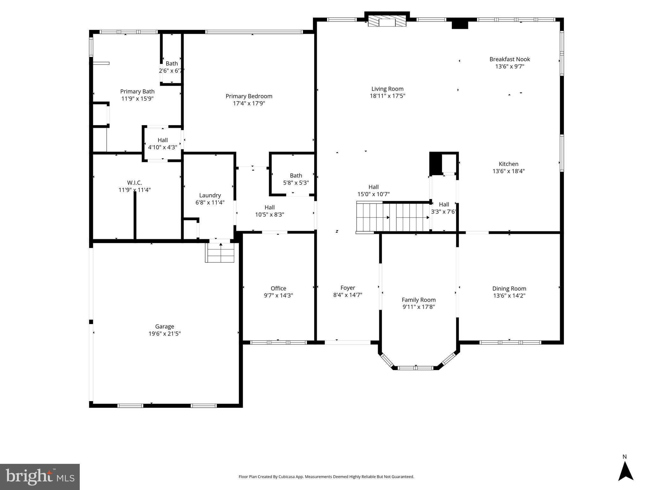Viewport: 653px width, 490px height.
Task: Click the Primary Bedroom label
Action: pos(249,96)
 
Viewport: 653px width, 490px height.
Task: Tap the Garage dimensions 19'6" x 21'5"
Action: pos(165,334)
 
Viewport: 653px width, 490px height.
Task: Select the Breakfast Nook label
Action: pos(509,59)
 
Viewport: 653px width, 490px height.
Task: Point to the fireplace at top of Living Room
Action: pos(387,22)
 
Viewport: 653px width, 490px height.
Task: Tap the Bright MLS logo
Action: pos(40,477)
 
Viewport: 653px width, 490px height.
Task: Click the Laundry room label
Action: pos(210,195)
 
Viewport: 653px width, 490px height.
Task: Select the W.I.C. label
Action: pos(134,182)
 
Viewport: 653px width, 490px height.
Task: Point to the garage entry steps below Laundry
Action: pos(220,252)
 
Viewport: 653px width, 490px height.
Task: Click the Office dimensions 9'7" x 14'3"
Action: pos(278,295)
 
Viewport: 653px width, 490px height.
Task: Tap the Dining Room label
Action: pos(509,288)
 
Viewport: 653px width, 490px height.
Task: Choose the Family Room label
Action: pos(419,300)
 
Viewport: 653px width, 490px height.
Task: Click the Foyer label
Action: pos(347,288)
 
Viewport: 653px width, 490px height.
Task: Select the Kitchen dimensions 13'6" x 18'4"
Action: pos(508,171)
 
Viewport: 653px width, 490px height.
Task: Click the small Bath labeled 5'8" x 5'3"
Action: pos(296,179)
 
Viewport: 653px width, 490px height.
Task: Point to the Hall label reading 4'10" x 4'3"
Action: pos(162,144)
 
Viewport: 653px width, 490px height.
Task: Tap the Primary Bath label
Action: pos(137,92)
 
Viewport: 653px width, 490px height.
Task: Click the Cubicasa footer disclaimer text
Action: pos(326,477)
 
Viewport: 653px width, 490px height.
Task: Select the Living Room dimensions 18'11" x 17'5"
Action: pos(387,96)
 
